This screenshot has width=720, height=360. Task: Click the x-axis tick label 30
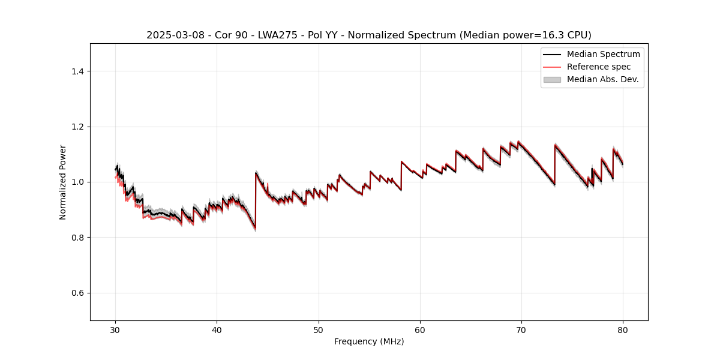[116, 329]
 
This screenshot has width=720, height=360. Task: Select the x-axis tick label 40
[217, 329]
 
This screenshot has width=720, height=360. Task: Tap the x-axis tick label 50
[319, 329]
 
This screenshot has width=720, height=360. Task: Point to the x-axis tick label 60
[420, 329]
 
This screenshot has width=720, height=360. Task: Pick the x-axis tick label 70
[521, 329]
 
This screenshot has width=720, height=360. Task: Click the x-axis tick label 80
[623, 329]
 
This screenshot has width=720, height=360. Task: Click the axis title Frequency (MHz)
[369, 341]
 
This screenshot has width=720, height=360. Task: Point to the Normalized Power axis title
[62, 182]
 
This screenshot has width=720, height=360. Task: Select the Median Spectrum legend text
[603, 54]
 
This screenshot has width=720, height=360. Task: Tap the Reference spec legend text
[598, 67]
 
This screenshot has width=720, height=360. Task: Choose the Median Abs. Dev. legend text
[602, 79]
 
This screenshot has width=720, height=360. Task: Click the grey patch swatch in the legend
[552, 79]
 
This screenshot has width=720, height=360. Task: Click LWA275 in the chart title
[259, 35]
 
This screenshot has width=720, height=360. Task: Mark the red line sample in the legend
[552, 67]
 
